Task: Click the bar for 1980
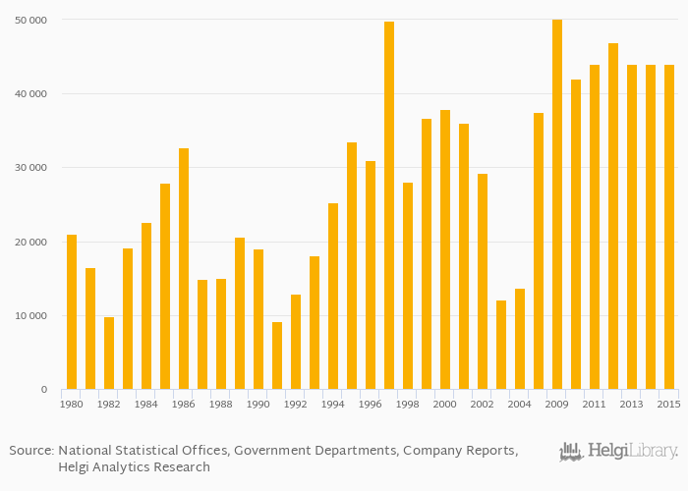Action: [x=72, y=312]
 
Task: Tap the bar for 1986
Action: [x=184, y=269]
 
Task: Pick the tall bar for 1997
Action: [x=389, y=205]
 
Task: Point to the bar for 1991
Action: [x=277, y=355]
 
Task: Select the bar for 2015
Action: [x=669, y=227]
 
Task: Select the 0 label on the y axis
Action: [x=43, y=390]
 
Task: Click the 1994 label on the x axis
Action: [x=333, y=405]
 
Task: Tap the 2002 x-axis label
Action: [x=483, y=405]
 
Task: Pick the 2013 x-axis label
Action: [x=632, y=405]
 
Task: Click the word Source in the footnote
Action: [x=30, y=450]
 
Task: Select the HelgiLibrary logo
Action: [x=618, y=452]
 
